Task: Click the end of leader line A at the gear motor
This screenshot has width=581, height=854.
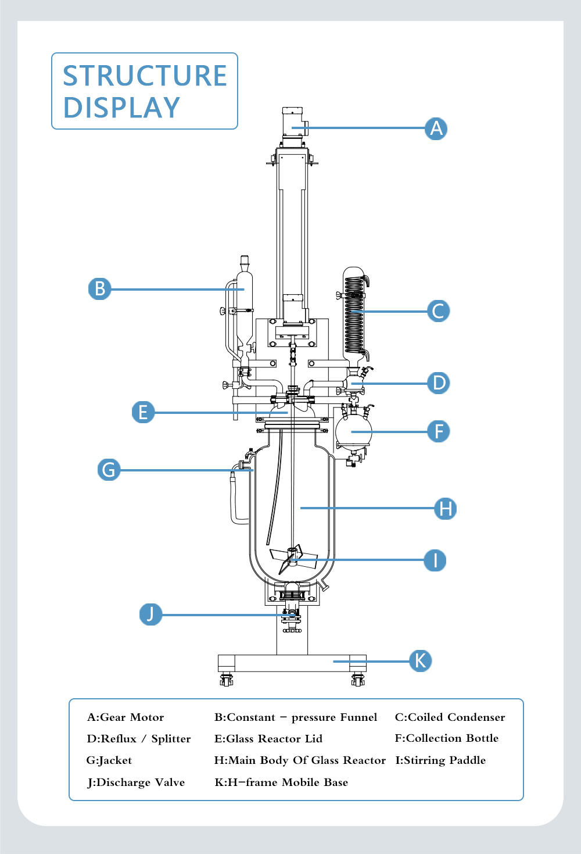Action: [292, 128]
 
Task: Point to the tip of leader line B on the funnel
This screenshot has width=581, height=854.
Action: [244, 290]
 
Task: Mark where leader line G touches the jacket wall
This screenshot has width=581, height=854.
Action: [253, 470]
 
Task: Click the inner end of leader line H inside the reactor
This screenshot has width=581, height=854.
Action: [300, 508]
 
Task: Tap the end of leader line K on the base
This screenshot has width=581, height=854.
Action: [333, 662]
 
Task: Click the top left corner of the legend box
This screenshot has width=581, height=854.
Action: [69, 699]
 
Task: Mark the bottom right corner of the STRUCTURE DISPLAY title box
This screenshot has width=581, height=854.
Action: [238, 129]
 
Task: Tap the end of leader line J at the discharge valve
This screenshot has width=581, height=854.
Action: [294, 615]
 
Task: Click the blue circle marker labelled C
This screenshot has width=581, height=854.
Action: [438, 311]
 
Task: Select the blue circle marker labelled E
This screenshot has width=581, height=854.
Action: [144, 412]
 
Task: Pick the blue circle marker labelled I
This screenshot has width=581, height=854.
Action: [435, 560]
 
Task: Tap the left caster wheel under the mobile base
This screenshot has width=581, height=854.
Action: [227, 680]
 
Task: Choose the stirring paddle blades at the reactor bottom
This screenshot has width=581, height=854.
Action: [293, 559]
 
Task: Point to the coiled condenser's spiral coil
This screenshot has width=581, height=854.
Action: [354, 315]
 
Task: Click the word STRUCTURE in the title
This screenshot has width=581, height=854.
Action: [145, 76]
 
